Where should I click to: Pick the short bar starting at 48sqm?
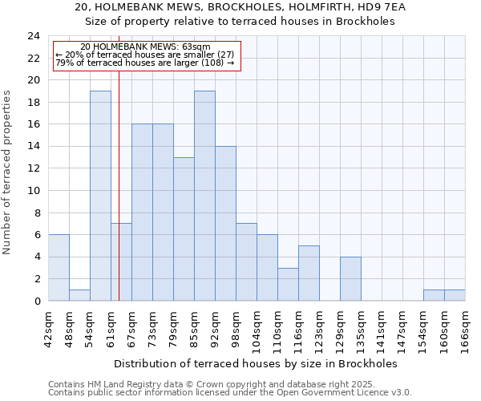pos(79,295)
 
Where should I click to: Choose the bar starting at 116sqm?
pos(309,273)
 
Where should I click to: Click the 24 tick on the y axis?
pos(34,36)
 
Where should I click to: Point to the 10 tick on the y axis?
pos(34,191)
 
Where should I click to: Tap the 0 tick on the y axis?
pos(37,301)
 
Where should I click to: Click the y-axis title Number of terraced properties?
pos(8,172)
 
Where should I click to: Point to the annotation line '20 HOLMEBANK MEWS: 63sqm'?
pos(146,47)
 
